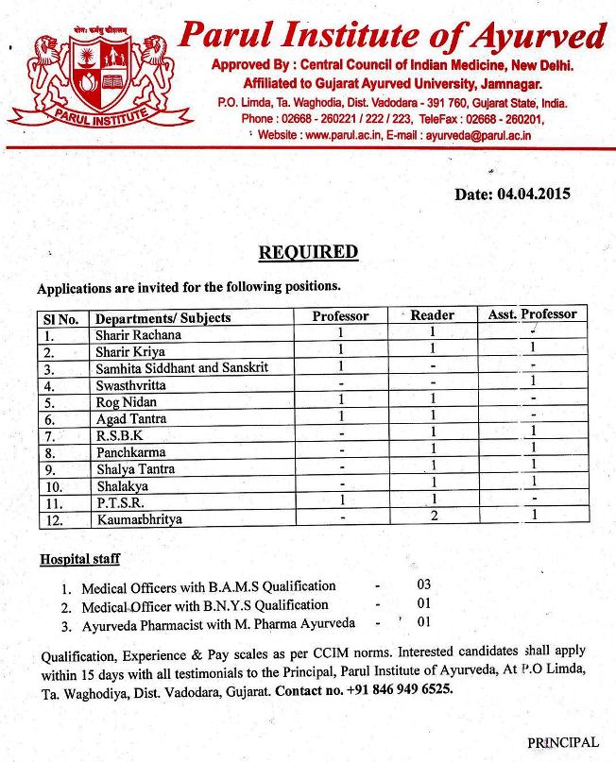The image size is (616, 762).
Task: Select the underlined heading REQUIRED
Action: [x=309, y=252]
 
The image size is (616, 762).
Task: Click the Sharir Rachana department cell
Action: [x=138, y=334]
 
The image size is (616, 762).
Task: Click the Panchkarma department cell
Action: [x=130, y=452]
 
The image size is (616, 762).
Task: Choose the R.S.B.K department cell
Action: [x=118, y=435]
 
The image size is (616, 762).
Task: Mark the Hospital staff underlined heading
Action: [x=79, y=559]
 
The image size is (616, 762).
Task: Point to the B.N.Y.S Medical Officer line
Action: [x=205, y=605]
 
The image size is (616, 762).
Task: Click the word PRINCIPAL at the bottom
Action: [x=562, y=742]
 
